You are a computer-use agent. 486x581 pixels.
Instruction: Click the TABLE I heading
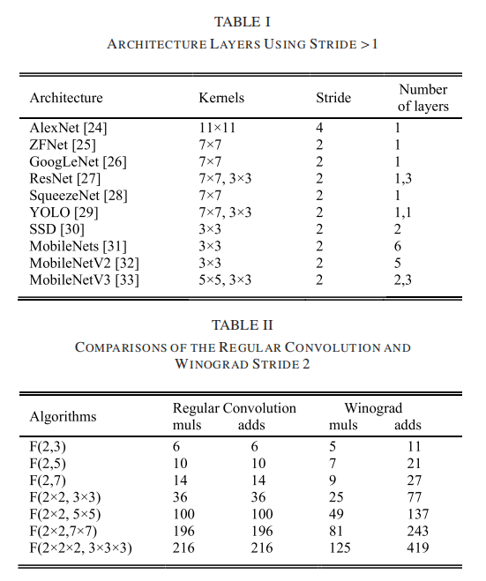[243, 21]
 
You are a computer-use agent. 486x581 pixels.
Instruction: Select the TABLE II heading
[243, 325]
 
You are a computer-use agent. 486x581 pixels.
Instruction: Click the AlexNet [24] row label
[68, 128]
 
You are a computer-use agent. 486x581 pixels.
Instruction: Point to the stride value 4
[319, 128]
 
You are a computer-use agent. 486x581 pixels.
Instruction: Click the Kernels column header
[221, 98]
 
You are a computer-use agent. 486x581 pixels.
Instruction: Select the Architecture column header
[66, 98]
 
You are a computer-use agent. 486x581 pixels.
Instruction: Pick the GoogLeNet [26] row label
[78, 162]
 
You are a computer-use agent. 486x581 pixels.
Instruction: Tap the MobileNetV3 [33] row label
[84, 280]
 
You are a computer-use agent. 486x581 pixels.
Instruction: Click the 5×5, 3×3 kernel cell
[226, 280]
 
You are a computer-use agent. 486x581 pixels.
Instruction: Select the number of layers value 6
[399, 247]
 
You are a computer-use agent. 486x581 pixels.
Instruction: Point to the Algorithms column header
[63, 416]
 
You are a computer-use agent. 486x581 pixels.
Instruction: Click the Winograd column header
[372, 408]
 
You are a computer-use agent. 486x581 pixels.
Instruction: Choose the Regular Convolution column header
[235, 408]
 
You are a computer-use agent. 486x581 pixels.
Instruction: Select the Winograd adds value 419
[408, 547]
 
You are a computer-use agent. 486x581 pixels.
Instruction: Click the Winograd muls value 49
[337, 514]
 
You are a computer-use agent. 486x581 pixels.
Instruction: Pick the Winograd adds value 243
[408, 531]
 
